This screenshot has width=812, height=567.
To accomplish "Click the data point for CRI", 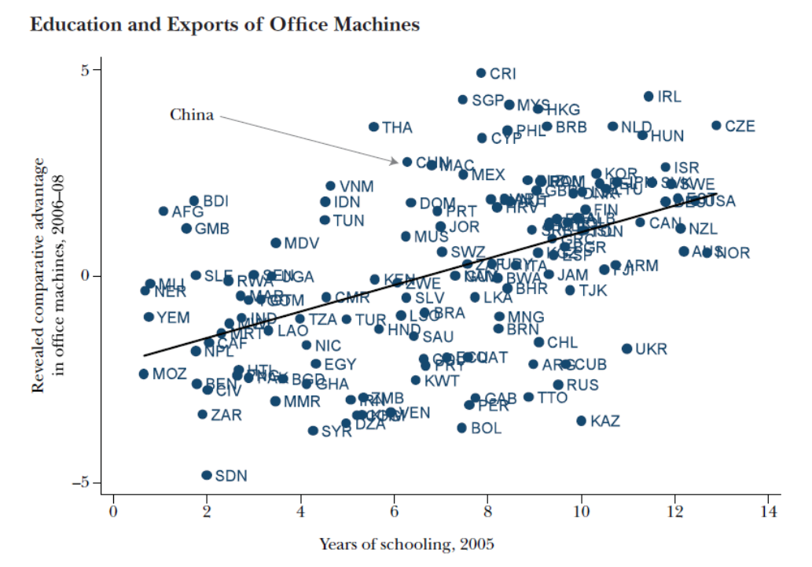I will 481,73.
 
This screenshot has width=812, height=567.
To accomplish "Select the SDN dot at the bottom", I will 207,475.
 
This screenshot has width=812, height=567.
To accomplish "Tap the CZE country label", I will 740,126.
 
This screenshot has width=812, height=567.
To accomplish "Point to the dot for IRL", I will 648,96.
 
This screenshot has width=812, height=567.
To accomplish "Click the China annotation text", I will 192,115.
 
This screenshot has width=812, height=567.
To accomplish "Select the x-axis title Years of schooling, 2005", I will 406,544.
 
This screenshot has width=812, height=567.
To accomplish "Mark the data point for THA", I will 373,127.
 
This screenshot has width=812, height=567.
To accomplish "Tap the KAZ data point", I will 582,421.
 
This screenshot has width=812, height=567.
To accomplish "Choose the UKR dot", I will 626,348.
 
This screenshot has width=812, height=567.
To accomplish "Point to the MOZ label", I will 170,374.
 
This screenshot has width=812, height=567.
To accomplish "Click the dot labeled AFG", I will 164,211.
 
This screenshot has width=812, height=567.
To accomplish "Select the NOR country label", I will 733,253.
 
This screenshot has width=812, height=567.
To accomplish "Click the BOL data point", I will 462,428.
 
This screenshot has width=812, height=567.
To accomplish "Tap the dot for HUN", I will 642,135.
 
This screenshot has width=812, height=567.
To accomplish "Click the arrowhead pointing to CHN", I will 396,162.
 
